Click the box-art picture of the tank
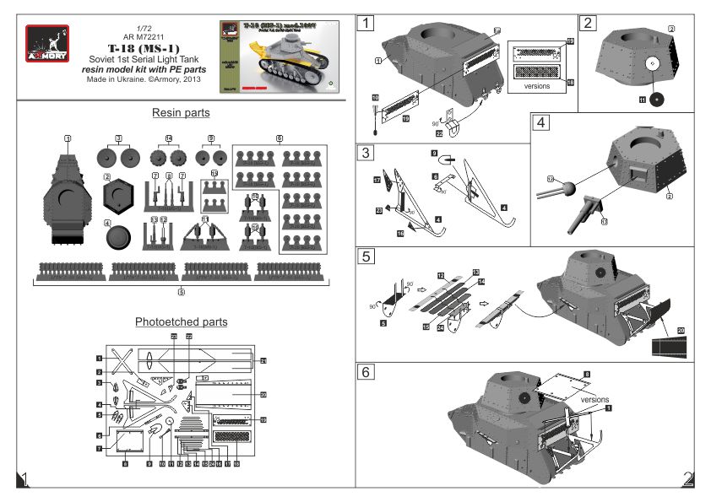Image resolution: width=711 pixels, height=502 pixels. coord(279,57)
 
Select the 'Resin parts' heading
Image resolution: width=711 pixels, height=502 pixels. coord(181,112)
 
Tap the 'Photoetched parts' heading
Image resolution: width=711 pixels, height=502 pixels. coord(181,321)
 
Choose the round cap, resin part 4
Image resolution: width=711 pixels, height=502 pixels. coord(120,237)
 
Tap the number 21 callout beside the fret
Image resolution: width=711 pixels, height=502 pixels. coord(263,361)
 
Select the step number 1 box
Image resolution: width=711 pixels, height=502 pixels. coord(365,24)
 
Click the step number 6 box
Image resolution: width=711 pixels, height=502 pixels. coord(365,371)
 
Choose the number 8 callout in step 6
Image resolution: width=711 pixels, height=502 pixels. coord(587,372)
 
